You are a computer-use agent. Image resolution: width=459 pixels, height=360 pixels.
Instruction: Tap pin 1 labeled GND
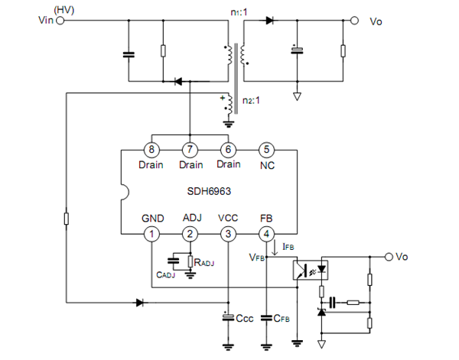click(153, 233)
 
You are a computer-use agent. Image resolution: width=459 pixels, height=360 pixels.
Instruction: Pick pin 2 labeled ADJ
click(190, 233)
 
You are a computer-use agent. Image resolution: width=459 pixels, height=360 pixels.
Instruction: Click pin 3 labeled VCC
click(228, 233)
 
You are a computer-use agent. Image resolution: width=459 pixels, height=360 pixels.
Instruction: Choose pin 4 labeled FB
click(265, 233)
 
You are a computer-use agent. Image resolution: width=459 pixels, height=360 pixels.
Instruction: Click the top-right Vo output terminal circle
click(353, 21)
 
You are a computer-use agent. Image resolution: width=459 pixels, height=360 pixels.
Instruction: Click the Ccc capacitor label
click(244, 317)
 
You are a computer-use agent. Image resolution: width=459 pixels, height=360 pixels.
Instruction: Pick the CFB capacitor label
click(283, 317)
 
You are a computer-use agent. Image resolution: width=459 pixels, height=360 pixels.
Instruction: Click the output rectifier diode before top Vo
click(269, 21)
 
